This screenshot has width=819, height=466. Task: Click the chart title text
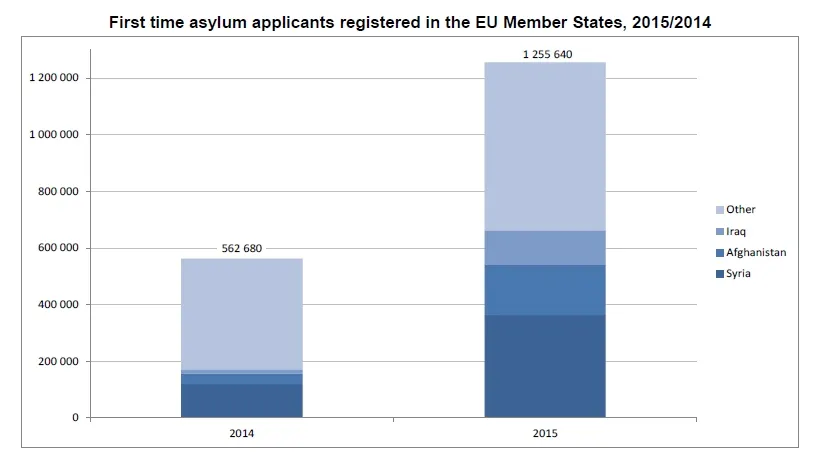pos(410,22)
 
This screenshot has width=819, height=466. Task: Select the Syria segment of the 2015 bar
pos(545,366)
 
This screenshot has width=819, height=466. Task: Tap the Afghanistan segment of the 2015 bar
pos(545,290)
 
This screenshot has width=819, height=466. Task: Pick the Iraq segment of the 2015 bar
pos(545,247)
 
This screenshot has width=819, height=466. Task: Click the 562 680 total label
pos(241,249)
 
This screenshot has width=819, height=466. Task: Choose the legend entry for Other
pos(741,209)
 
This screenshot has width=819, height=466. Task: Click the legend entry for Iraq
pos(737,231)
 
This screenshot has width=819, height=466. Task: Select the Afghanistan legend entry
pos(756,252)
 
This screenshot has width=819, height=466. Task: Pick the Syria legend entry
pos(739,273)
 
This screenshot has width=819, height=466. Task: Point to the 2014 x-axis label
pos(241,435)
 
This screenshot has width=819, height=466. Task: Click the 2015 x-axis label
pos(545,435)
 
